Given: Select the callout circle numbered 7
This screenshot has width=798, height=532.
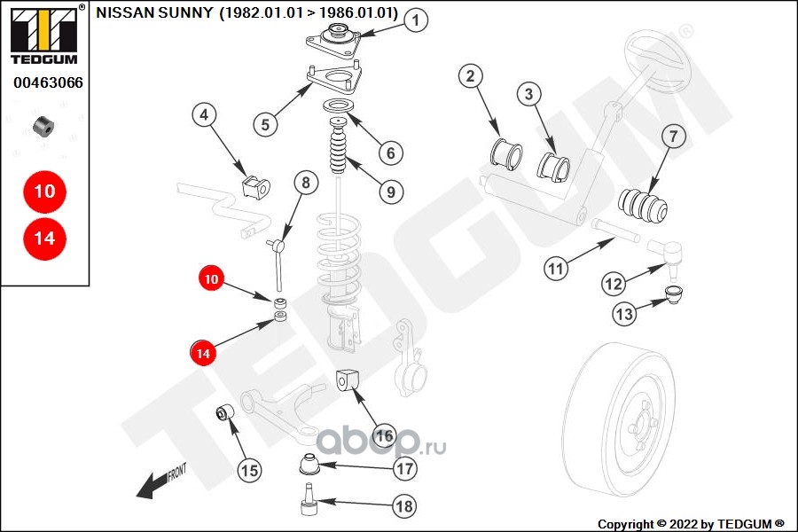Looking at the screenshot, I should point(672,137).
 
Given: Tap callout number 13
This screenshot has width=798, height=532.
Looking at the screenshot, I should point(624,313).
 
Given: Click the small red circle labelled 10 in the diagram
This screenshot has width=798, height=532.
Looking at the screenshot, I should point(211,278).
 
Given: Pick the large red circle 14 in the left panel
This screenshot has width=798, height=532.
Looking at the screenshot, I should point(44,239).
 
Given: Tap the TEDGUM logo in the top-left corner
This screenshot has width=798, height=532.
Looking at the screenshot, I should point(43,35).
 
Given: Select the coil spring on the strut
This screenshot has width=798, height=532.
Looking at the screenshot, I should point(340,257).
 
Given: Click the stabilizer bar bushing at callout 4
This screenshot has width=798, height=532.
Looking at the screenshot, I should point(254,187).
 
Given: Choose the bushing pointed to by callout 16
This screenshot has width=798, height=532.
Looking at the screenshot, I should point(347,379).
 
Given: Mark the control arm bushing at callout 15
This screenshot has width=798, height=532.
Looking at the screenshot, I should point(226,412).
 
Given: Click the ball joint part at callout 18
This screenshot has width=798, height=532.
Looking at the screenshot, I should point(308,501).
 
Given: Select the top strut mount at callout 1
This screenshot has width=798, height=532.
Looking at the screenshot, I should point(337,42).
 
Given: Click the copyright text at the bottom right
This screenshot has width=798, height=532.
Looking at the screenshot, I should point(691,524).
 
